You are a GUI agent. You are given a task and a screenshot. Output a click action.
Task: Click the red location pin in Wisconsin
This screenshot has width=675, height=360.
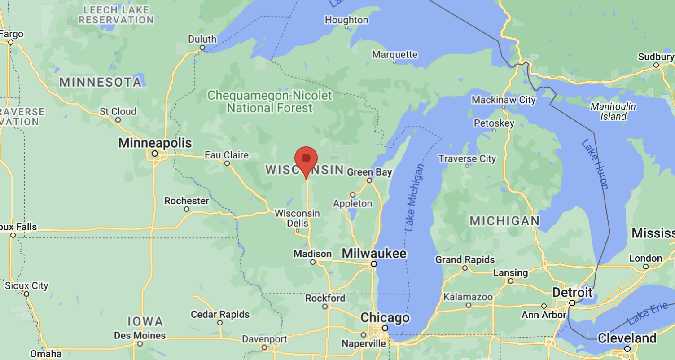tap(306, 160)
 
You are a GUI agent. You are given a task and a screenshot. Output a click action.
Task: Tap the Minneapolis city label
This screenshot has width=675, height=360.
tap(155, 143)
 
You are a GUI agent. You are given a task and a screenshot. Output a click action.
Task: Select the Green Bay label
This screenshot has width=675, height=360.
tap(369, 172)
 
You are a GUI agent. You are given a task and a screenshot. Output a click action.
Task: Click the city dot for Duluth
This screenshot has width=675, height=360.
tap(202, 48)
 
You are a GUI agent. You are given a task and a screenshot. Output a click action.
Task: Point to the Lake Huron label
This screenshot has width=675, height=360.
tap(595, 164)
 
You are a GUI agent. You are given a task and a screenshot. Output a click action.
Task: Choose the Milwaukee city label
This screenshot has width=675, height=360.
tap(374, 254)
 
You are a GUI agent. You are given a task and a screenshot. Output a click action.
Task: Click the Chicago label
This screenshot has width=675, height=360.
tap(385, 318)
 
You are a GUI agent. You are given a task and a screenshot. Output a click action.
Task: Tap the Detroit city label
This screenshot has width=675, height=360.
tap(572, 293)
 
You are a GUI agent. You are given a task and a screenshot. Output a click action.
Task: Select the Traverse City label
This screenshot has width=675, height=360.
tap(467, 158)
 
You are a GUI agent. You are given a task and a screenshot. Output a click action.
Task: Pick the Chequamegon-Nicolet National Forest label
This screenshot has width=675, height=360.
tap(270, 101)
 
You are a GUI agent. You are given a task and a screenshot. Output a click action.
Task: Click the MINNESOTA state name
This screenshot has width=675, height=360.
tap(101, 82)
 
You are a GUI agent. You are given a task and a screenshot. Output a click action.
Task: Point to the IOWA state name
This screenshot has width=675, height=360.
tap(145, 321)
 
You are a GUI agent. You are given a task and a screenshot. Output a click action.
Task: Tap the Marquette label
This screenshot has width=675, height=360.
tap(395, 54)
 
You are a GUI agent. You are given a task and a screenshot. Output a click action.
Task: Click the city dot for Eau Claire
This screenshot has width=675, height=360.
tap(227, 163)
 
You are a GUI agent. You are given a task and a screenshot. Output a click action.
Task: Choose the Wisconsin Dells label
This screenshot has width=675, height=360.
tap(297, 218)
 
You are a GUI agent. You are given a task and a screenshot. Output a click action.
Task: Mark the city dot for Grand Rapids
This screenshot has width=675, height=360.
tap(465, 268)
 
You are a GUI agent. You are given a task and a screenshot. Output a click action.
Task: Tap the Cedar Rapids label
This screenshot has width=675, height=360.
tap(220, 314)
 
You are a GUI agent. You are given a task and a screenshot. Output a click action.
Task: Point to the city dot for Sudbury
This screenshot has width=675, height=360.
tap(656, 65)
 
